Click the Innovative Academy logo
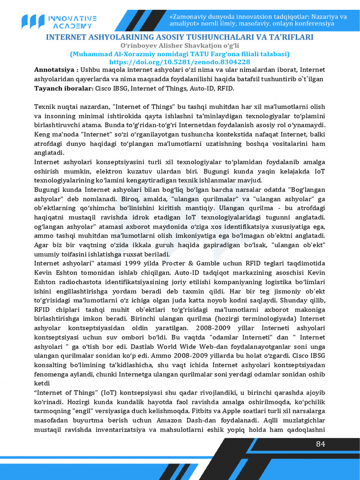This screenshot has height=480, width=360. coord(59,21)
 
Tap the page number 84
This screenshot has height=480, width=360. coord(320,444)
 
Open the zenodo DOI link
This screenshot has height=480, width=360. coord(180,62)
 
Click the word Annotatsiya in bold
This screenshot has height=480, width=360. coord(53,70)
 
